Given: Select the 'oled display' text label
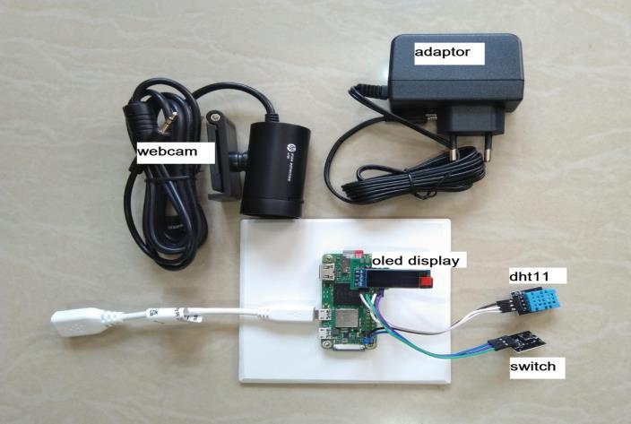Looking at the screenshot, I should (416, 261).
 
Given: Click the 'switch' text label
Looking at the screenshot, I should (536, 366).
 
